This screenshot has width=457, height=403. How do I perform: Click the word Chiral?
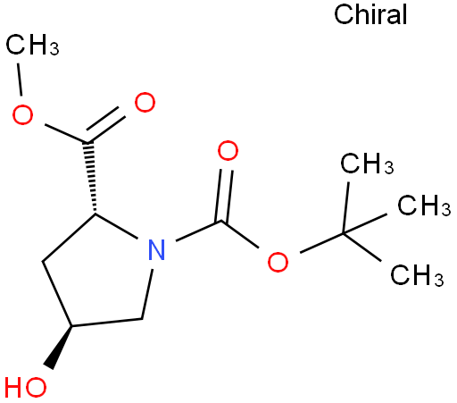coord(370,14)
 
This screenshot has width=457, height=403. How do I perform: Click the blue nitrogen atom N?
coord(156,249)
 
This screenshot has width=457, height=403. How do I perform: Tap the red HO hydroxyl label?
coord(26,388)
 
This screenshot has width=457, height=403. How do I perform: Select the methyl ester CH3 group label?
coord(32,45)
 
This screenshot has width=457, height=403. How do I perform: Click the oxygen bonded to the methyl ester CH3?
coord(22,114)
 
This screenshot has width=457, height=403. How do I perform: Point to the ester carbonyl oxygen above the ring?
coord(145,102)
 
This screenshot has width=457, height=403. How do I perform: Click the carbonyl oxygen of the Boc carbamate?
coord(228,151)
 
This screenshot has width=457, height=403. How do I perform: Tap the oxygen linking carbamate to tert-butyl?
coord(278,262)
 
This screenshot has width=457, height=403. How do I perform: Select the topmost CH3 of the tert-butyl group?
coord(367,164)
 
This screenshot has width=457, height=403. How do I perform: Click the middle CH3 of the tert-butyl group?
coord(424,206)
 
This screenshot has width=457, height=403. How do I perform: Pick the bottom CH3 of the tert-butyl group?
coord(417,275)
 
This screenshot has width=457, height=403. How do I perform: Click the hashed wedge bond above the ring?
coord(91,178)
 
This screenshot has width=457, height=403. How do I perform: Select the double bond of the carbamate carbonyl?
coord(224,196)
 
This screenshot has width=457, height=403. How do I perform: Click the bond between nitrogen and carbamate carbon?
coord(198,231)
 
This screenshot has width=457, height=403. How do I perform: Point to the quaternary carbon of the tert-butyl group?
coord(343,233)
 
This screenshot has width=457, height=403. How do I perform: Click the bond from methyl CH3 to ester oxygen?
coord(20,80)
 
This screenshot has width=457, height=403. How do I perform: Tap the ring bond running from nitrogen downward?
coord(147,294)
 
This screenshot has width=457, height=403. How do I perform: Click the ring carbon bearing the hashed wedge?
coord(96,214)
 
